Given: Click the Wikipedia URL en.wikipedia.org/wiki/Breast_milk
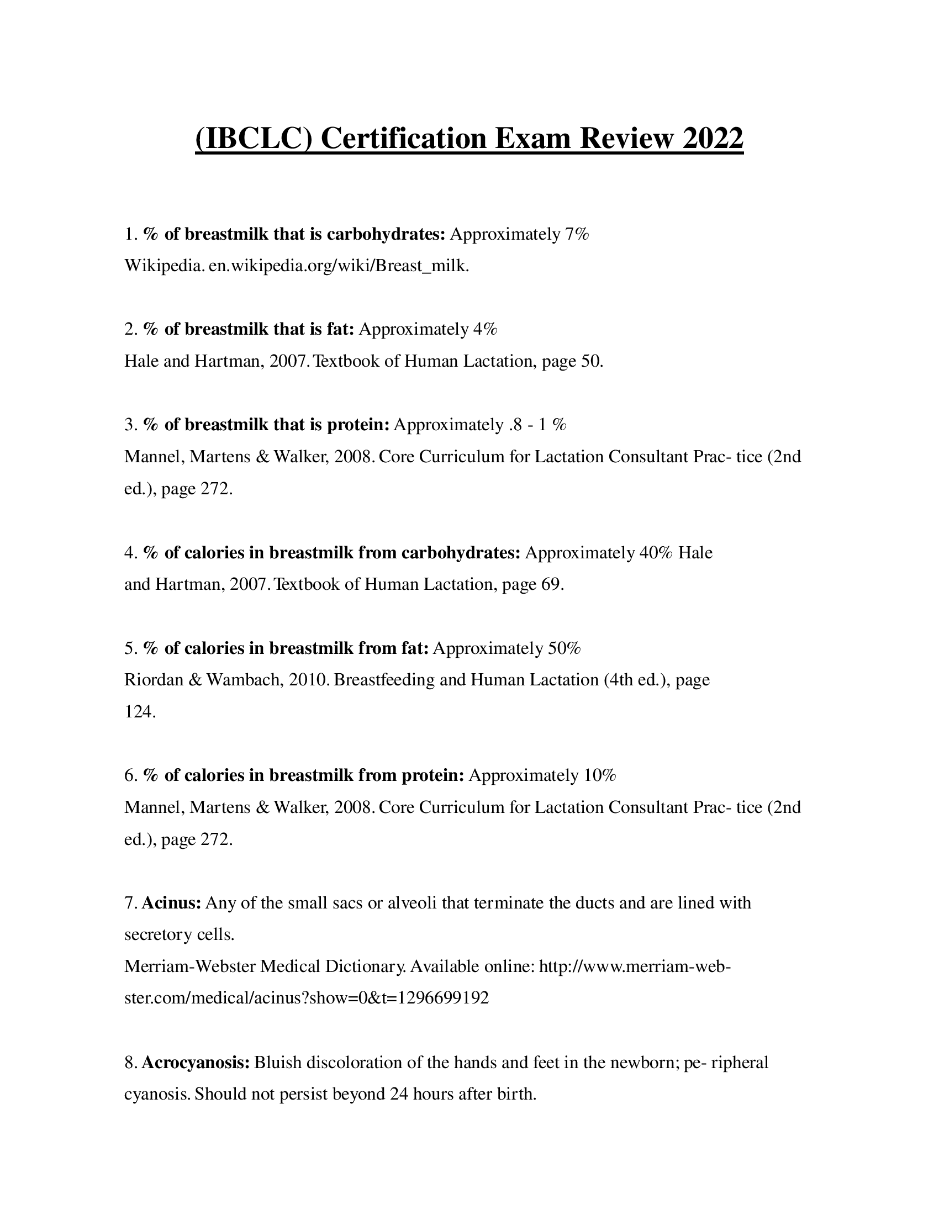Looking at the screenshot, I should tap(339, 266).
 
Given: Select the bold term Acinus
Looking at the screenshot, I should tap(171, 902).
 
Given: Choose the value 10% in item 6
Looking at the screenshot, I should tap(600, 775).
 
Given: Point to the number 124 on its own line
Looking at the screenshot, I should tap(139, 711).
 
